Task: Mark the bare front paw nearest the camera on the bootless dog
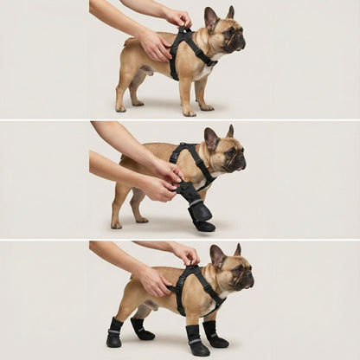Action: [x=189, y=112]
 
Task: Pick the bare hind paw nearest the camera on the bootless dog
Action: [x=121, y=108]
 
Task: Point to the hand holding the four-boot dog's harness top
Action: [x=184, y=254]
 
